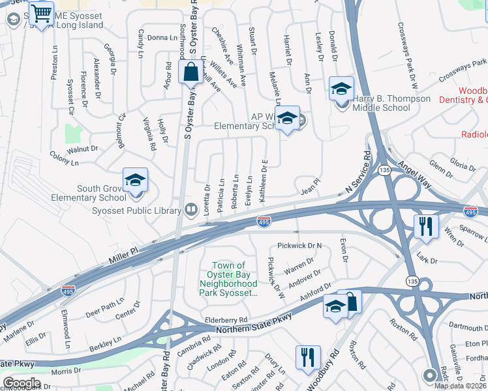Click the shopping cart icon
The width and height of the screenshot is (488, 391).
43,14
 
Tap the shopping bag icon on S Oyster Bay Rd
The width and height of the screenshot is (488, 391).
191,73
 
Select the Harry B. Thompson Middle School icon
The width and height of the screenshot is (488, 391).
341,91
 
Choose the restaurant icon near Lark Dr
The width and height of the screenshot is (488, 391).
425,227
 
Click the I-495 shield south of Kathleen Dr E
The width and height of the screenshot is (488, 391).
264,222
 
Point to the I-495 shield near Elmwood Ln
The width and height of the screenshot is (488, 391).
67,290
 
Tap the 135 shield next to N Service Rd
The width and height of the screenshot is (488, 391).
385,170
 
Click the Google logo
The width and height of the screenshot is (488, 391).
22,383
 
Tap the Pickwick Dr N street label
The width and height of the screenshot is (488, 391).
299,246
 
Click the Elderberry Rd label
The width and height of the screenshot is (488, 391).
226,320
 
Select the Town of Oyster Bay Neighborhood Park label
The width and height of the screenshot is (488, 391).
228,279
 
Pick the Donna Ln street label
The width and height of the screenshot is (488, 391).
158,38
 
